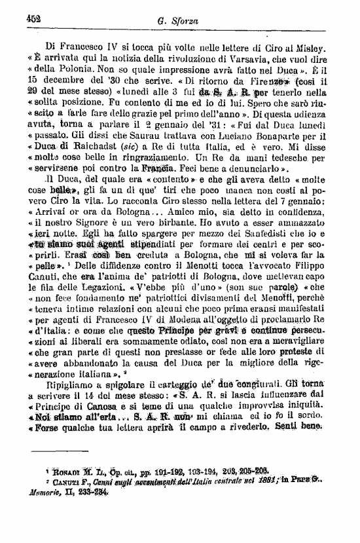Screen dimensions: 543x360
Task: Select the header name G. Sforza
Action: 178,21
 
